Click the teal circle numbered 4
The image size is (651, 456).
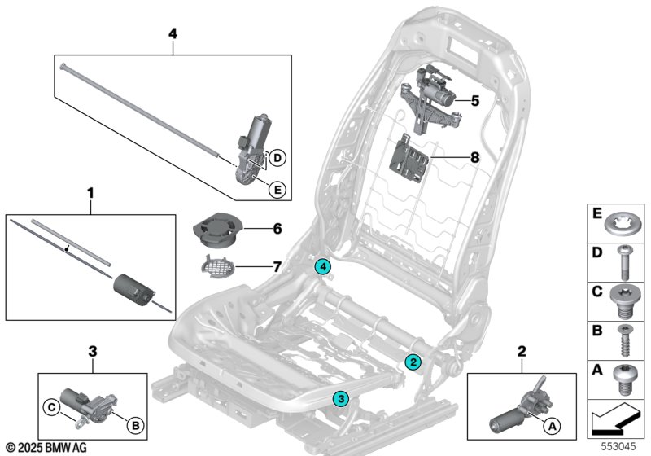pyautogui.click(x=324, y=266)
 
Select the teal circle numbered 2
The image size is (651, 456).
pyautogui.click(x=413, y=362)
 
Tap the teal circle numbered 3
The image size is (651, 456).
pyautogui.click(x=341, y=397)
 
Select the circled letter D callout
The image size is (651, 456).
pyautogui.click(x=277, y=156)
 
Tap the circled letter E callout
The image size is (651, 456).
pyautogui.click(x=277, y=190)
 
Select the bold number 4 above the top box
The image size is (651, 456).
pyautogui.click(x=172, y=33)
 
